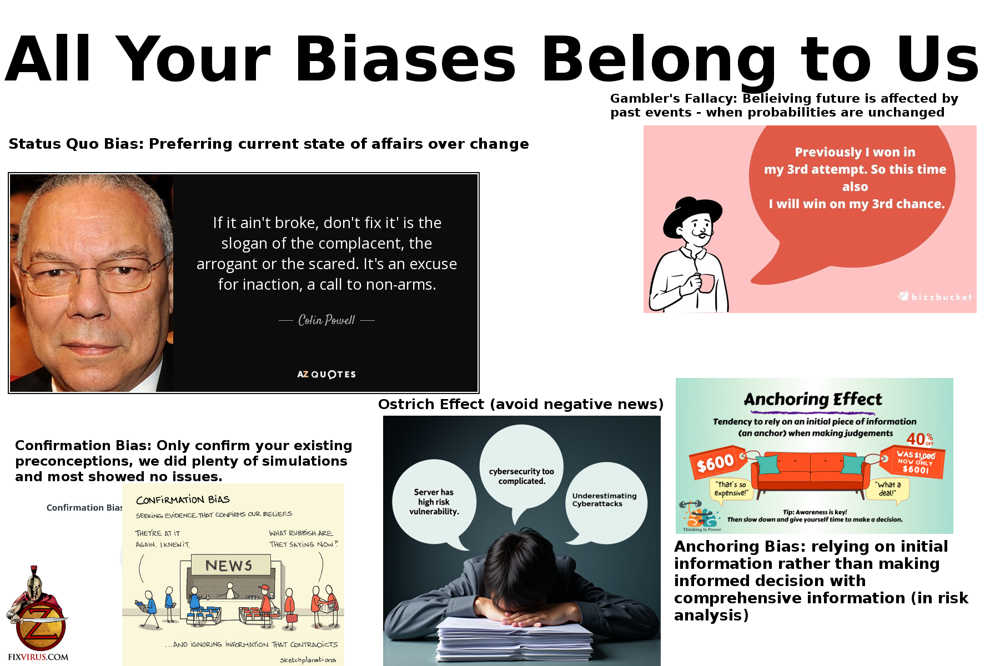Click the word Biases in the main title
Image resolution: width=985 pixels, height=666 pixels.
click(x=405, y=59)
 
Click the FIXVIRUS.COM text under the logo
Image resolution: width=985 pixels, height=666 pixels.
click(x=38, y=657)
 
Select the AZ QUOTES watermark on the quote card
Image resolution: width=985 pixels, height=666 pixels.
click(x=326, y=374)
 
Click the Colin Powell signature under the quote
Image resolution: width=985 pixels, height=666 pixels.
click(x=326, y=320)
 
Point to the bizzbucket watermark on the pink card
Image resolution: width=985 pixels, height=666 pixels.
click(x=936, y=296)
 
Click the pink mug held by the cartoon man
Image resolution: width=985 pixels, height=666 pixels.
click(x=706, y=282)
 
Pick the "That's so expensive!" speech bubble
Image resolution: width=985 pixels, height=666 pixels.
click(x=731, y=490)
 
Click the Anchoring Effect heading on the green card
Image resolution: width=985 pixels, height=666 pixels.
click(x=813, y=399)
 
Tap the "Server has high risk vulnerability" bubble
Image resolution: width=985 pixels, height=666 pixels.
click(x=434, y=502)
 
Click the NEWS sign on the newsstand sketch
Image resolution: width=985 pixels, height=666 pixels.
click(x=229, y=566)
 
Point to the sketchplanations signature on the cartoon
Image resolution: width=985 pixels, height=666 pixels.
click(x=308, y=660)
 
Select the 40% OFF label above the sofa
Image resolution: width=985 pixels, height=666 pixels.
click(x=920, y=440)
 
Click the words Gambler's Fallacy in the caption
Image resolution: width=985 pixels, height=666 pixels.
click(x=674, y=98)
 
